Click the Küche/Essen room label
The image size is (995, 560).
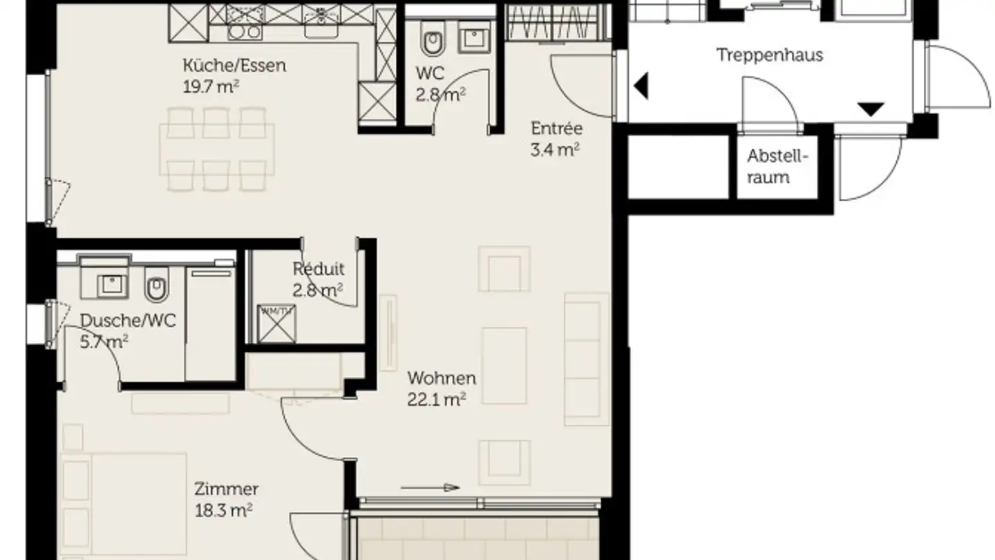click(x=234, y=66)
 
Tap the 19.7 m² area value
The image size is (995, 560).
click(x=211, y=86)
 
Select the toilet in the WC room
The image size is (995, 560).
click(x=433, y=39)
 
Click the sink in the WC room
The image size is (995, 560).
click(x=474, y=35)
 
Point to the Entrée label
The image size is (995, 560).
click(x=557, y=129)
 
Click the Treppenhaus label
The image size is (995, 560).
click(x=770, y=55)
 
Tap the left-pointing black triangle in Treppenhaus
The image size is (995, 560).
click(x=641, y=85)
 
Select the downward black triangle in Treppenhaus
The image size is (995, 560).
click(x=871, y=109)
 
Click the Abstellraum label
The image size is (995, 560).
click(x=777, y=167)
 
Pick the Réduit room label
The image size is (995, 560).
click(x=318, y=269)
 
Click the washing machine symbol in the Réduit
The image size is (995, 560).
click(x=276, y=324)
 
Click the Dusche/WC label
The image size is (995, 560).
click(x=128, y=321)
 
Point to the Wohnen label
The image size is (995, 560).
click(x=442, y=378)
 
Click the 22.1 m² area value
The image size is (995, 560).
click(x=436, y=400)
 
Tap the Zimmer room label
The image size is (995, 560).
click(x=226, y=489)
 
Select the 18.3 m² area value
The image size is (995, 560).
click(x=223, y=511)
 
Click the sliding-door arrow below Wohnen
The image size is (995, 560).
click(x=430, y=487)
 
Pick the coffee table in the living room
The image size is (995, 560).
click(x=504, y=366)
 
